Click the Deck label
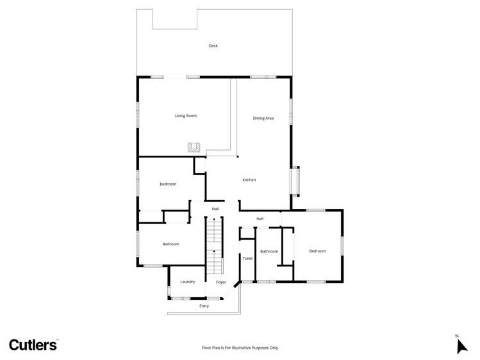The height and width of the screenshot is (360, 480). (213, 45)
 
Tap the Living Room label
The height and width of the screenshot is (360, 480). (186, 116)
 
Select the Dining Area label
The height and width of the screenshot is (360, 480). (263, 119)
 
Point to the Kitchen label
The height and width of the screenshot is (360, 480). (249, 180)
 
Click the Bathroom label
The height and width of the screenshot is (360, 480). (269, 251)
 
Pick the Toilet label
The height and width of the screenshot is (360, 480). (247, 258)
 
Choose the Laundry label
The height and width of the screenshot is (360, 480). (188, 282)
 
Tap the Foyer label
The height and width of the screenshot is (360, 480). (220, 282)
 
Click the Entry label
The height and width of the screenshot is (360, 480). (204, 306)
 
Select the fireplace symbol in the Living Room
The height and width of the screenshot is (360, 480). (194, 147)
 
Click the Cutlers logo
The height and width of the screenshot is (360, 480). (33, 345)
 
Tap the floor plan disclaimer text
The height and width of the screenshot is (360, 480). (240, 348)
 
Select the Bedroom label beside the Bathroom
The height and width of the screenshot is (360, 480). (317, 251)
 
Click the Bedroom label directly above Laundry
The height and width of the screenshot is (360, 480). (170, 244)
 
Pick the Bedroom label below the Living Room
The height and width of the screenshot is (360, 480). (168, 184)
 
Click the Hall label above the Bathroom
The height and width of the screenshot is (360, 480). (260, 219)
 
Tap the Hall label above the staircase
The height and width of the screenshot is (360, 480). (215, 209)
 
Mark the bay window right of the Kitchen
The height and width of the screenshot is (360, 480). (295, 181)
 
